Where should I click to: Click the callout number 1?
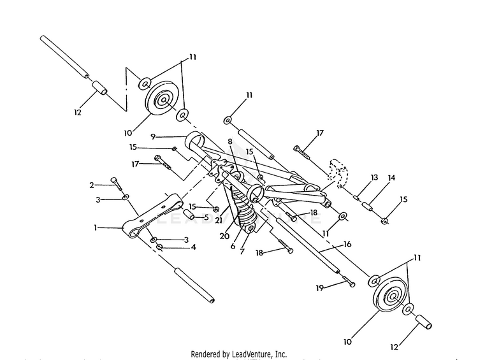point(96,227)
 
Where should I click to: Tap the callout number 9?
point(153,136)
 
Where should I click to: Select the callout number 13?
point(374,177)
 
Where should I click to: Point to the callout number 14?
point(391,177)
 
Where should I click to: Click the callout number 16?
point(347,244)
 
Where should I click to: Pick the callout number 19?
point(319,288)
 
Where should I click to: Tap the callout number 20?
point(224,236)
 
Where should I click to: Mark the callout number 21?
point(219,220)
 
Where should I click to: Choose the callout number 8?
point(230,141)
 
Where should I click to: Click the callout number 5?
point(206,217)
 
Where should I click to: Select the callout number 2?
point(92,185)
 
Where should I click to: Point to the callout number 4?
point(193,247)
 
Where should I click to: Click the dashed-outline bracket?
point(338,173)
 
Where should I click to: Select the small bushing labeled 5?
point(189,213)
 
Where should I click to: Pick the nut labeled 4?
point(159,247)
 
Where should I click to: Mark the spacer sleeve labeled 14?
point(367,206)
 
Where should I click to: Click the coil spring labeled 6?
point(242,209)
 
